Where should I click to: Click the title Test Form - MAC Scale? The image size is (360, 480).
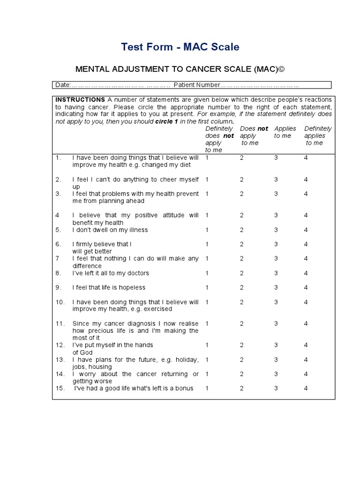point(180,47)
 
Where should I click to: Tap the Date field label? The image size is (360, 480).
point(62,85)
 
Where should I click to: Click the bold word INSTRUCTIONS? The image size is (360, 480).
point(80,99)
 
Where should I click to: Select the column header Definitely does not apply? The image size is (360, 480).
point(219,139)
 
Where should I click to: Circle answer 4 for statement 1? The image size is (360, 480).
point(306,157)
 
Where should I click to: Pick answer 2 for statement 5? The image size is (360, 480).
point(242,230)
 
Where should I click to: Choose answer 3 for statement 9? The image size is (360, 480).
point(276,287)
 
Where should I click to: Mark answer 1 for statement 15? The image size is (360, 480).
point(207,388)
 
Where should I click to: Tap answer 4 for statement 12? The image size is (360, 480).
point(306,345)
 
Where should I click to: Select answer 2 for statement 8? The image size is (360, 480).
point(242,273)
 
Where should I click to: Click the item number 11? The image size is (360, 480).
point(60,323)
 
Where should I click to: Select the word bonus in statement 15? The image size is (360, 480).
point(184,388)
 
